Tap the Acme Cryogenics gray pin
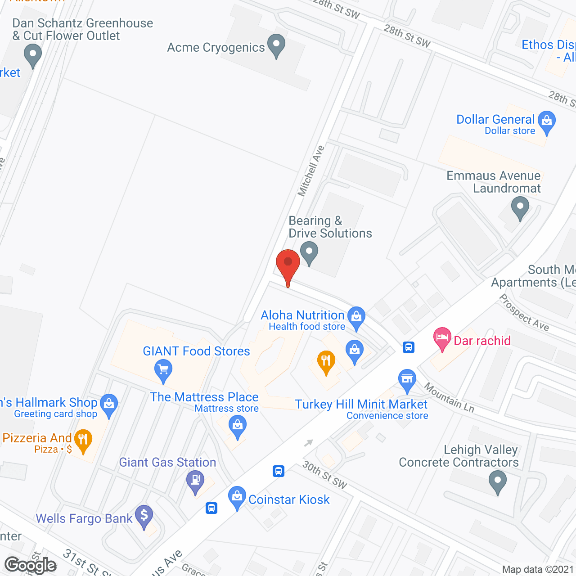coord(276,45)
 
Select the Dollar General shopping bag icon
coord(547,121)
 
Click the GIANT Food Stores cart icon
coord(163,370)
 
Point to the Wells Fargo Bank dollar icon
coord(144,515)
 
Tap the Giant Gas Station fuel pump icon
coord(195,480)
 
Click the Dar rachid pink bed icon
coord(442,337)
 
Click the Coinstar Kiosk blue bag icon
coord(237,497)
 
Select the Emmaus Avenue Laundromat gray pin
coord(520,208)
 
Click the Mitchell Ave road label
coord(311,171)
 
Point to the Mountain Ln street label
coord(449,397)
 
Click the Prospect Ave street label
coord(524,312)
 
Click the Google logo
coord(31,565)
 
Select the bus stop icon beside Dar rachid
coord(409,347)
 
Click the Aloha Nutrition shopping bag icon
coord(356,316)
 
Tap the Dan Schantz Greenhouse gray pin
coord(32,56)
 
